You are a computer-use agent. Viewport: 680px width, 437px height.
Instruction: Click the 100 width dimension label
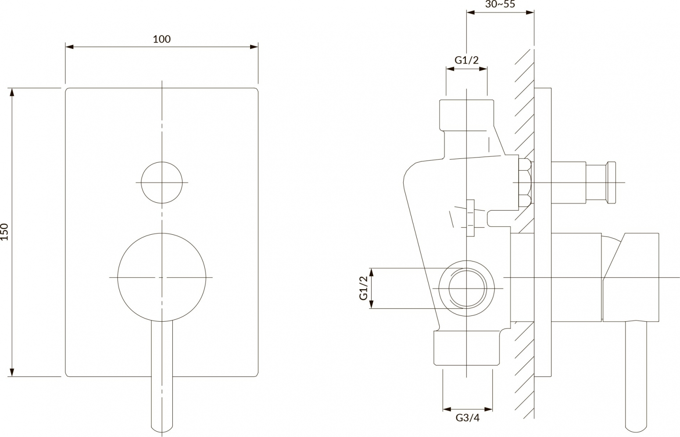tap(162, 39)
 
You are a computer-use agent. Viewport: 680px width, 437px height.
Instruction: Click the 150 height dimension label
tap(4, 232)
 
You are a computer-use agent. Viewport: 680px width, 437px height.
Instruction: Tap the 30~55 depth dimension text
tap(500, 4)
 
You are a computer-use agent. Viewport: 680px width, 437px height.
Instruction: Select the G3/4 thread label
tap(468, 418)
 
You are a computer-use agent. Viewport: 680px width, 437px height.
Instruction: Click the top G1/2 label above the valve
tap(467, 60)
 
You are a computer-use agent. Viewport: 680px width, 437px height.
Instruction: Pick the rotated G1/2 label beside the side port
tap(364, 288)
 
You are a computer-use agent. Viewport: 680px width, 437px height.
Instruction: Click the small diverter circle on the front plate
tap(162, 183)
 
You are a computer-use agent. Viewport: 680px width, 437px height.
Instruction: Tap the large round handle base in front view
tap(162, 277)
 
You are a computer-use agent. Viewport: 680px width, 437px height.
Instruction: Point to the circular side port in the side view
tap(467, 289)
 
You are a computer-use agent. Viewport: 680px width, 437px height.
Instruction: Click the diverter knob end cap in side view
tap(611, 182)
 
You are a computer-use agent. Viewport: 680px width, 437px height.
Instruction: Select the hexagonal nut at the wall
tap(525, 182)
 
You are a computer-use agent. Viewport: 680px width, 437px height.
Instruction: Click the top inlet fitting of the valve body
tap(467, 115)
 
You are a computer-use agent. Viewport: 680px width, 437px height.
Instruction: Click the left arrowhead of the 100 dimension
tap(69, 47)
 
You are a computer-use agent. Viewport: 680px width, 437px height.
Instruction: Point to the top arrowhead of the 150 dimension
tap(12, 92)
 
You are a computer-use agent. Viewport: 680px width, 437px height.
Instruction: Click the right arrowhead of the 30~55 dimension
tap(530, 12)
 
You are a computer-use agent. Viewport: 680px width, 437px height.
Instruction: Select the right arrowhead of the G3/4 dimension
tap(488, 409)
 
